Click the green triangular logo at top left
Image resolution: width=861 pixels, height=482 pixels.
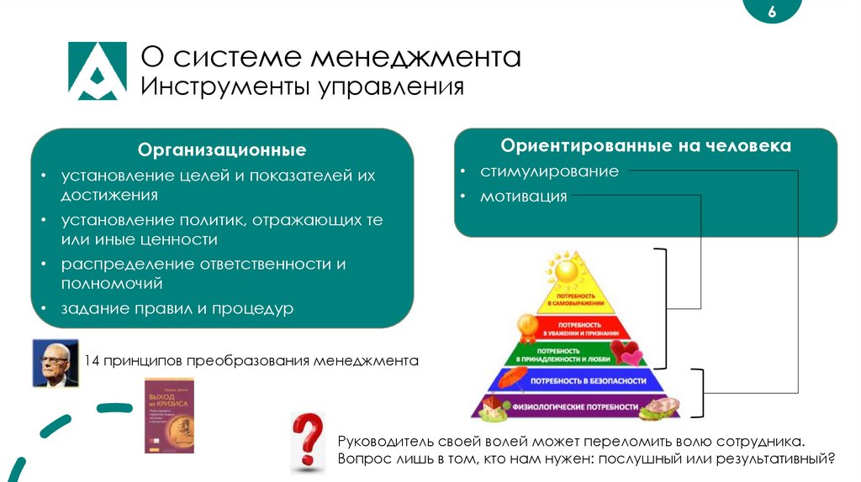pos(97,71)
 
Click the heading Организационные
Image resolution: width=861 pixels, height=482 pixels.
pos(222,150)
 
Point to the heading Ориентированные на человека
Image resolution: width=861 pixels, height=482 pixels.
pos(646,146)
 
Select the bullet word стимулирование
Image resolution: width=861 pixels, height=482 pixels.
pos(549,171)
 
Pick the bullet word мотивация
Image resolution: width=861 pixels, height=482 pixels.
pos(523,197)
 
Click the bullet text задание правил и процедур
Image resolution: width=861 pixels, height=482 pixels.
pos(177,308)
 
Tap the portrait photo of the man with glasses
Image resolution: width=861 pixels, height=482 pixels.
pos(55,363)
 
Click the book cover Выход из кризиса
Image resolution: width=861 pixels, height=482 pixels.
pos(169,416)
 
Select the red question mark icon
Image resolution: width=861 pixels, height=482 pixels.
pos(308,440)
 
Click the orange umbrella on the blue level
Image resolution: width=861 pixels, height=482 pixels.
pos(507,380)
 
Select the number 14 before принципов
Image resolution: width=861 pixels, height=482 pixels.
pos(92,362)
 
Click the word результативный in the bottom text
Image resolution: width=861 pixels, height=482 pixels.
pos(779,459)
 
